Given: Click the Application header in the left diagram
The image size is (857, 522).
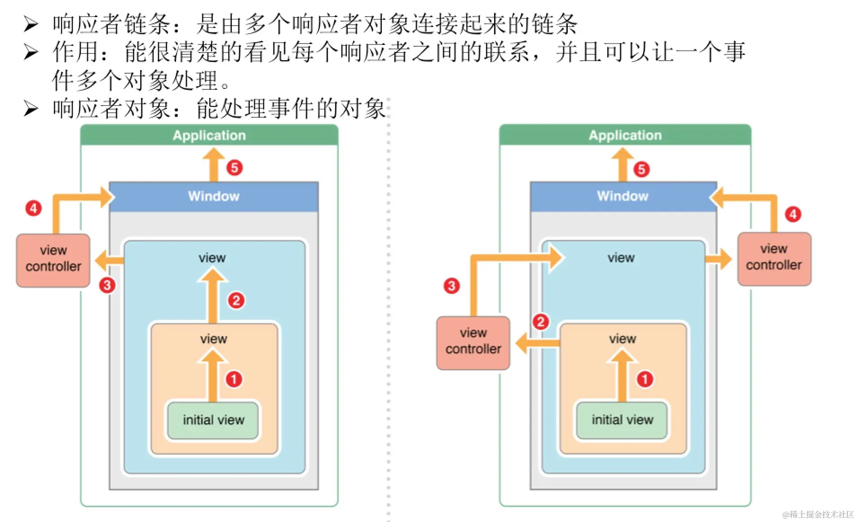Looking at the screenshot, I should click(209, 135).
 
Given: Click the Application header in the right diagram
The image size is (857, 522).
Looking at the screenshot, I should click(625, 135).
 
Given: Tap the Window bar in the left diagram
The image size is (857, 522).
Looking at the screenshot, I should click(214, 196).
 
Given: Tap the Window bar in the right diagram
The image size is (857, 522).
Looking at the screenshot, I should click(623, 196).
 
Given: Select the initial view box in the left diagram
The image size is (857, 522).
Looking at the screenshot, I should click(213, 420).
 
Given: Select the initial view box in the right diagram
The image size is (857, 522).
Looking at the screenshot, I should click(622, 420).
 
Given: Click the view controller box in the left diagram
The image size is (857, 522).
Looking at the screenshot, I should click(53, 259).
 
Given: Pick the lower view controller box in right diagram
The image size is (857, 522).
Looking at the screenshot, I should click(473, 342).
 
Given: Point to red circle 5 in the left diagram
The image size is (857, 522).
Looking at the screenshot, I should click(234, 168).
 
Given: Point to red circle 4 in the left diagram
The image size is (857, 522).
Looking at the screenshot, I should click(33, 208).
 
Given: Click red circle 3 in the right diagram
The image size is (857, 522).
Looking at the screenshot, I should click(451, 286).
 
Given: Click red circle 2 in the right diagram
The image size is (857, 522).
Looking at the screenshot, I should click(540, 321).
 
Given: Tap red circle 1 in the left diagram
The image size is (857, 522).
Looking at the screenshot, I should click(233, 379).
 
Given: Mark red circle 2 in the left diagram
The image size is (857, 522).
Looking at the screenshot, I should click(236, 300).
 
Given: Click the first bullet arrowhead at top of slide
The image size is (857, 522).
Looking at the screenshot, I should click(31, 24).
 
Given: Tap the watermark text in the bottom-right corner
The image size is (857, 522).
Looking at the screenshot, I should click(817, 514).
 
